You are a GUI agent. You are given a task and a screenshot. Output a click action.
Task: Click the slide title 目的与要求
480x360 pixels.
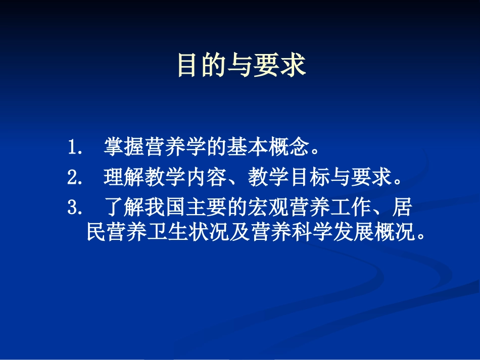[x=242, y=66]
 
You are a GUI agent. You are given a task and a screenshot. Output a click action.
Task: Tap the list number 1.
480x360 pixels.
[x=74, y=149]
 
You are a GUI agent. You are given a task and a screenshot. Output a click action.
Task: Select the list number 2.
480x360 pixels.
[x=74, y=178]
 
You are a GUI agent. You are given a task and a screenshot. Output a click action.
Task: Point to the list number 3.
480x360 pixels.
[x=74, y=207]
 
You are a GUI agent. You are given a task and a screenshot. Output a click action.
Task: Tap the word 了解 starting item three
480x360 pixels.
[x=121, y=207]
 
